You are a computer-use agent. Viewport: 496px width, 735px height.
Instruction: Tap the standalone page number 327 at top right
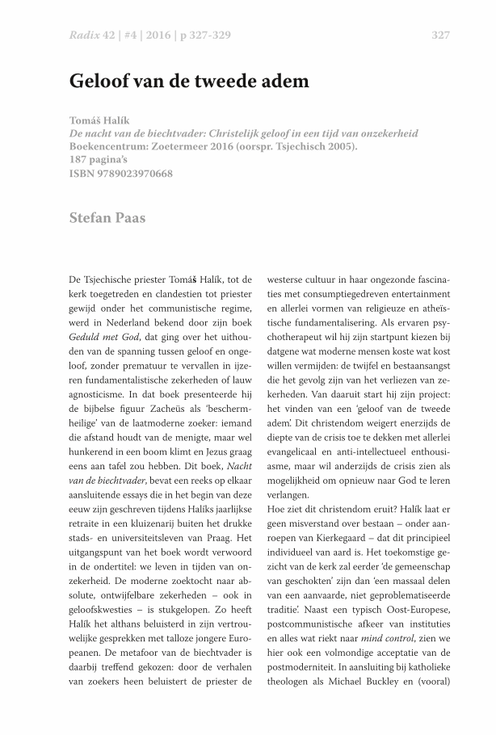click(x=440, y=36)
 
